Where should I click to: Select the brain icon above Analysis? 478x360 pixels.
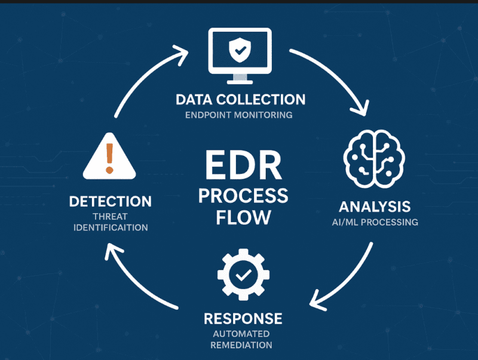(374, 158)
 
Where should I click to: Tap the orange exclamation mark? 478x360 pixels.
(109, 156)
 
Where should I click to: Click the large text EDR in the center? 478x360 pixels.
(242, 165)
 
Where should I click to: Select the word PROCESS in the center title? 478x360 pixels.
(243, 195)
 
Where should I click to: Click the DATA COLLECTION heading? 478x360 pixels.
(241, 99)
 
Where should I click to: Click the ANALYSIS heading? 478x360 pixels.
(375, 207)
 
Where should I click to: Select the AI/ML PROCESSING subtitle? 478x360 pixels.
(375, 222)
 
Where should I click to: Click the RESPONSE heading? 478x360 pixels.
(242, 318)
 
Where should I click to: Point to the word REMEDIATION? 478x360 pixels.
(242, 345)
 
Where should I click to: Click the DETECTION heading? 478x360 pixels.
(110, 201)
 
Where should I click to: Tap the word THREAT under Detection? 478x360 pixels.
(110, 217)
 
